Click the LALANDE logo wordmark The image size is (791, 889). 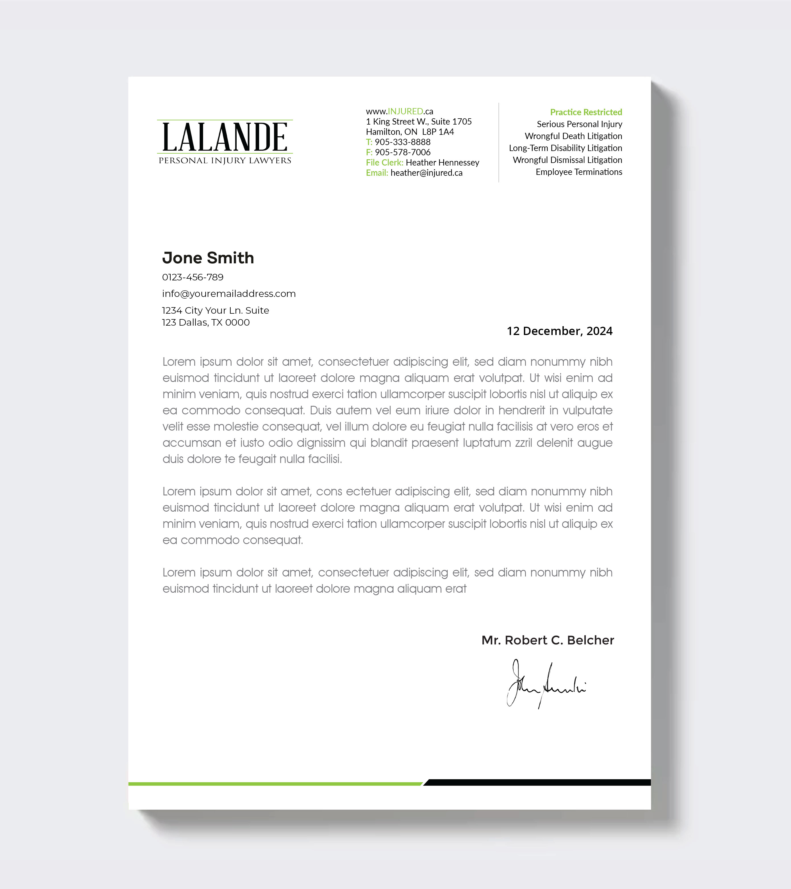click(x=224, y=137)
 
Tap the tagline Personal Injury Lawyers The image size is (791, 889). click(x=224, y=160)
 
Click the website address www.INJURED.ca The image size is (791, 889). click(x=399, y=111)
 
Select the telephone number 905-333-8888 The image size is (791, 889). click(x=402, y=142)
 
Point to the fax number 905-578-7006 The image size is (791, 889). click(x=402, y=152)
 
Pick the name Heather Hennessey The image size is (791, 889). click(x=442, y=163)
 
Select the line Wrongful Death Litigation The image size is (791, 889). click(x=573, y=136)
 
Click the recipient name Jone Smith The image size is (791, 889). click(x=208, y=258)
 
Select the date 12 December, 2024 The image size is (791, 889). click(x=559, y=331)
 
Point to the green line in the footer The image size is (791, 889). click(x=274, y=784)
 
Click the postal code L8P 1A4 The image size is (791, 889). click(x=438, y=132)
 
